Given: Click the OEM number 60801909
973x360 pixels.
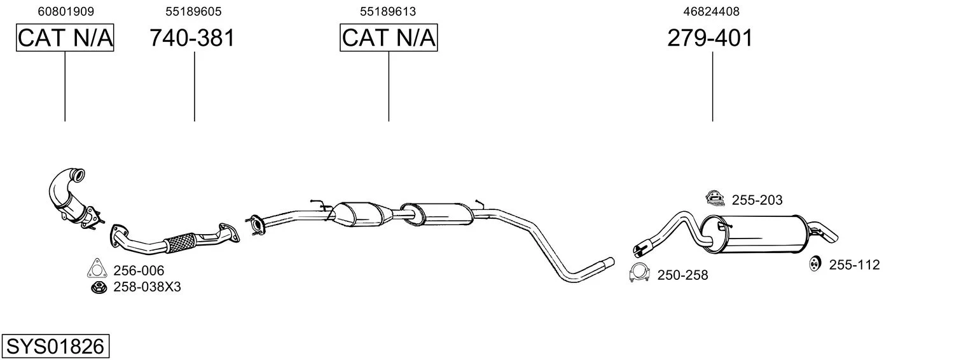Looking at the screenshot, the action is [66, 11].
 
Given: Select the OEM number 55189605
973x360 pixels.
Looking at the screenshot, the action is [193, 11].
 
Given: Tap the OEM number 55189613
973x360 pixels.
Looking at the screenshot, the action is [388, 11].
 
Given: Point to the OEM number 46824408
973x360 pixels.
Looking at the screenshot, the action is [712, 11].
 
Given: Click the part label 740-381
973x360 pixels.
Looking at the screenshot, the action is [192, 38].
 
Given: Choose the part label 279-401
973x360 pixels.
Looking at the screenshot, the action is [710, 38].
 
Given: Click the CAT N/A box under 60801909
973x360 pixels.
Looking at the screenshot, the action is [65, 38].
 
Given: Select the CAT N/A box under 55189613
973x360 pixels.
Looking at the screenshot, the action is [389, 38].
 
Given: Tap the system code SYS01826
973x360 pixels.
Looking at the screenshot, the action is [55, 347].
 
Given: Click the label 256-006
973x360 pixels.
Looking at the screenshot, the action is [139, 270].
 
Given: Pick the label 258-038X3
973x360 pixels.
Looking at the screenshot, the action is [148, 287].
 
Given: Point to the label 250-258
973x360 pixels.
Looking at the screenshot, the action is [682, 275].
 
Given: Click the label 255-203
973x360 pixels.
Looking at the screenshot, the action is [757, 200].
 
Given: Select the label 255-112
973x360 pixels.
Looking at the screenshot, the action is [855, 265].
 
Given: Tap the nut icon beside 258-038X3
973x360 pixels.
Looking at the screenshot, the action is [99, 287].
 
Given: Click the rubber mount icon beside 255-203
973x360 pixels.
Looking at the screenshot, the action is [715, 198].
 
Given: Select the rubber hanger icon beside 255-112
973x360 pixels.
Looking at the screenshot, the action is [815, 263].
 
